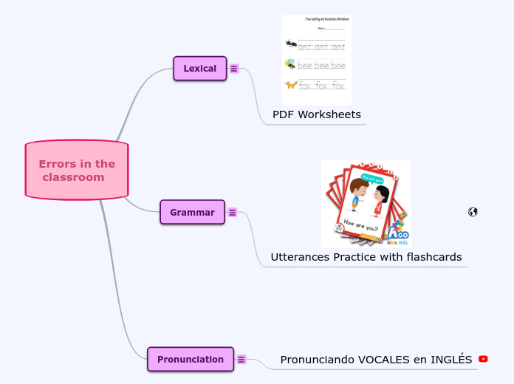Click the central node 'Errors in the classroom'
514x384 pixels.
coord(77,171)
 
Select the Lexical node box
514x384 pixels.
coord(199,69)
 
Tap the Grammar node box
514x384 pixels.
coord(192,212)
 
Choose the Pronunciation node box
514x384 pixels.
coord(190,359)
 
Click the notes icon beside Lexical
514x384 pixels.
coord(234,69)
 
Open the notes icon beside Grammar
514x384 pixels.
coord(232,213)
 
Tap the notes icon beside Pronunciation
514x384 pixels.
coord(241,360)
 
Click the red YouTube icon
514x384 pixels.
coord(483,359)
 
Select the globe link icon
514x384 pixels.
coord(473,212)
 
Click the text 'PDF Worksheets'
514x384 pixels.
coord(316,114)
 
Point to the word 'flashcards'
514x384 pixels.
coord(434,257)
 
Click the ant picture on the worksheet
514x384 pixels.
coord(291,45)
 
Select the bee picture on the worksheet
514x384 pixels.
coord(290,64)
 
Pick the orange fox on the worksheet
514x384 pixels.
coord(291,85)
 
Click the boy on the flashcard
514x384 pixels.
coord(356,196)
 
